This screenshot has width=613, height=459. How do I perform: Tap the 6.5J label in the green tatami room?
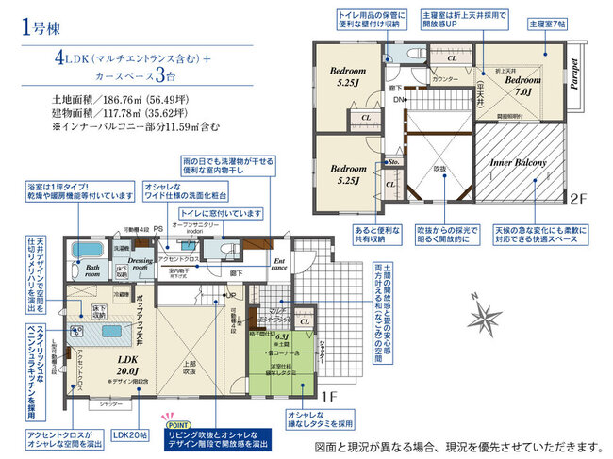280,335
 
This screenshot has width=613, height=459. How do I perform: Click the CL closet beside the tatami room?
305,321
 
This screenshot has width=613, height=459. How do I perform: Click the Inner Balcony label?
518,162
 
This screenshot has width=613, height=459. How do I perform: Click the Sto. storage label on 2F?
394,161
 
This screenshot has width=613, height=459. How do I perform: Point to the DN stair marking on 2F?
399,100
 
